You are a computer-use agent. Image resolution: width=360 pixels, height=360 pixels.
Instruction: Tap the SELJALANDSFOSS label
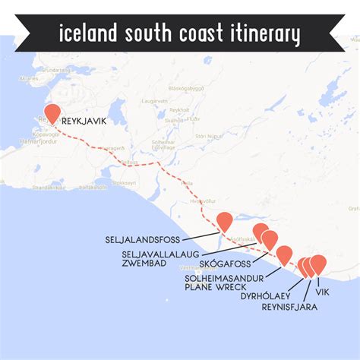coord(147,238)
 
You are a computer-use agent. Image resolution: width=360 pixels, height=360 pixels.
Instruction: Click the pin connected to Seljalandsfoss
coord(224,220)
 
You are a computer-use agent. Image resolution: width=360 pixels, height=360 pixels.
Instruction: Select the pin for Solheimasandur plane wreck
coord(284,254)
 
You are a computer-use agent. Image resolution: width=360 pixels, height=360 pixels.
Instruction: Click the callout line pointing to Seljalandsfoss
coord(205,235)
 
